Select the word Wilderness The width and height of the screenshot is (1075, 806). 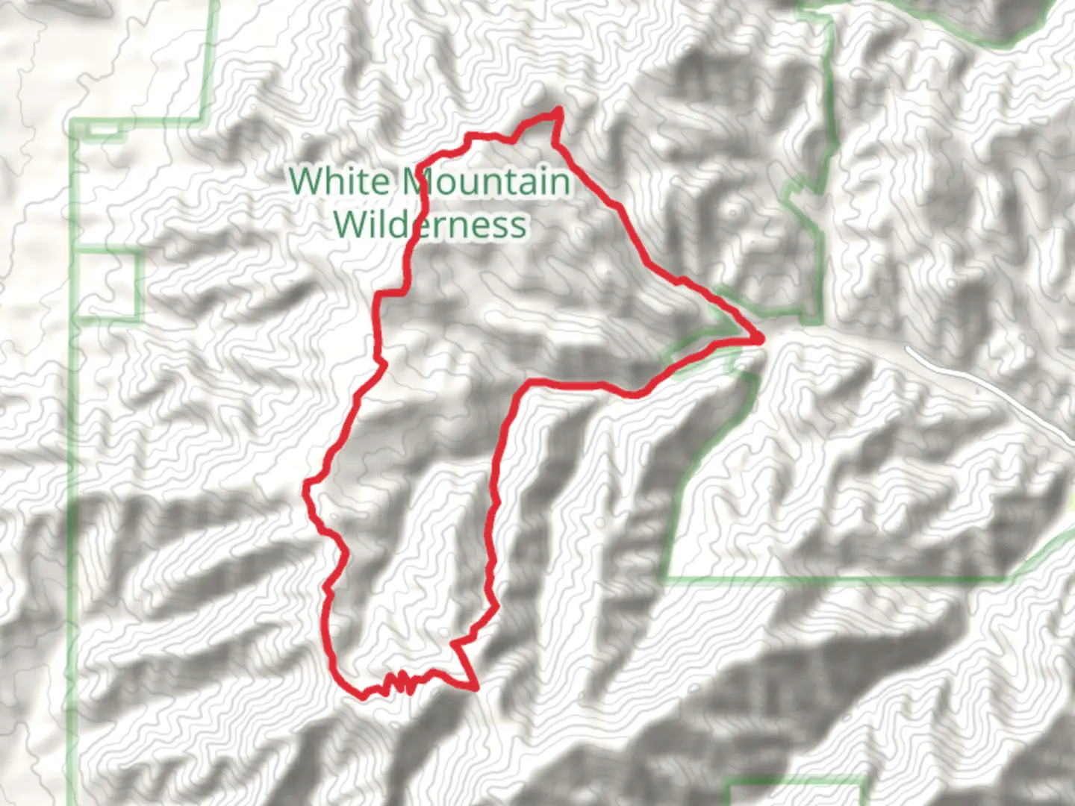pos(430,224)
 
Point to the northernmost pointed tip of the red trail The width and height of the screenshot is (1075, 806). pos(558,111)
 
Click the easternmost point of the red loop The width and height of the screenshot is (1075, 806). pos(760,340)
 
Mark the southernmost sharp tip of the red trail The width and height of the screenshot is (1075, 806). pos(474,687)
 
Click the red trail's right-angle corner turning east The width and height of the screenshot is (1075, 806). pos(529,384)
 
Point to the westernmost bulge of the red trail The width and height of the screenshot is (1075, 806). pos(306,489)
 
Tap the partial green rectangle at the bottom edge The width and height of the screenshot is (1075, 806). pos(797,791)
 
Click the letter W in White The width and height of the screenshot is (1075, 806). pos(306,181)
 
